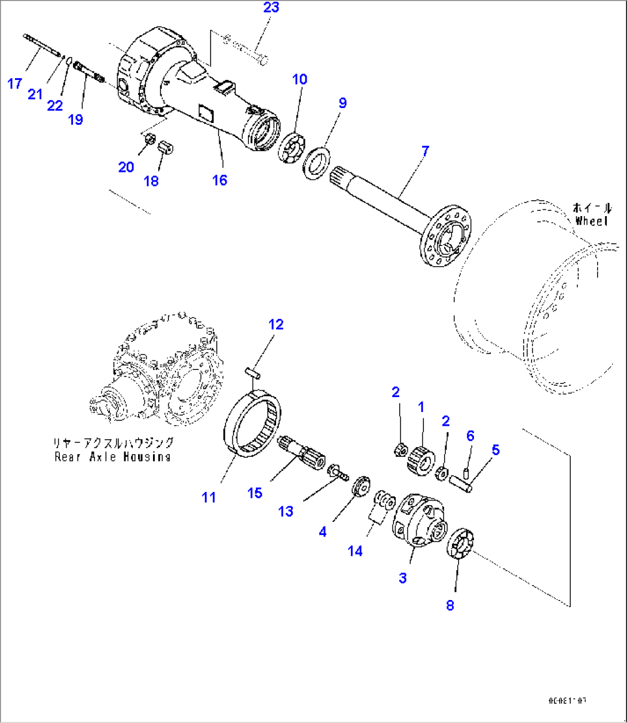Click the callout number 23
tap(271, 8)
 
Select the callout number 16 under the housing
tap(220, 180)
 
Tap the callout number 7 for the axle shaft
tap(425, 151)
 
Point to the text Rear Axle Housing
tap(113, 457)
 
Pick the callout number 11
tap(209, 497)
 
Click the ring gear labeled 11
tap(253, 425)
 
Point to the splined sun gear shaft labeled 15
tap(301, 454)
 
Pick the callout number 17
tap(15, 84)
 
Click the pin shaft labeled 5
tap(465, 481)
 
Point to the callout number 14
tap(355, 551)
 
